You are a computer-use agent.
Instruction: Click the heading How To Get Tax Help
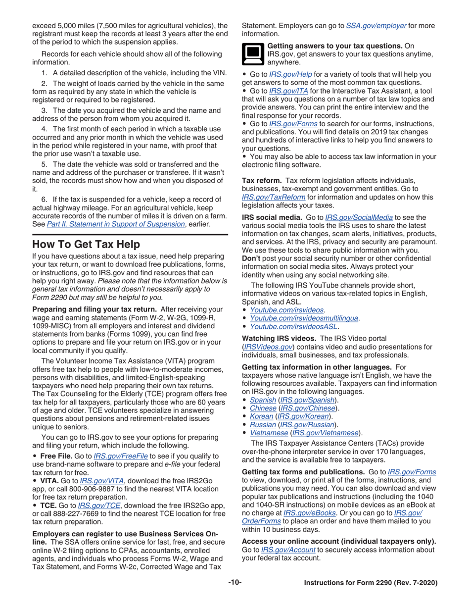tap(86, 244)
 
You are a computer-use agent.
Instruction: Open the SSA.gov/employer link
tap(376, 25)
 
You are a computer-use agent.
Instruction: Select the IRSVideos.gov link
tap(269, 347)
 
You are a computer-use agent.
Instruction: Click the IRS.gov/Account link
tap(288, 550)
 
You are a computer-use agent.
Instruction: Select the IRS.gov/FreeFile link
tap(121, 456)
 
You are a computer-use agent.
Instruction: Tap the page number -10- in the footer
tap(235, 582)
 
